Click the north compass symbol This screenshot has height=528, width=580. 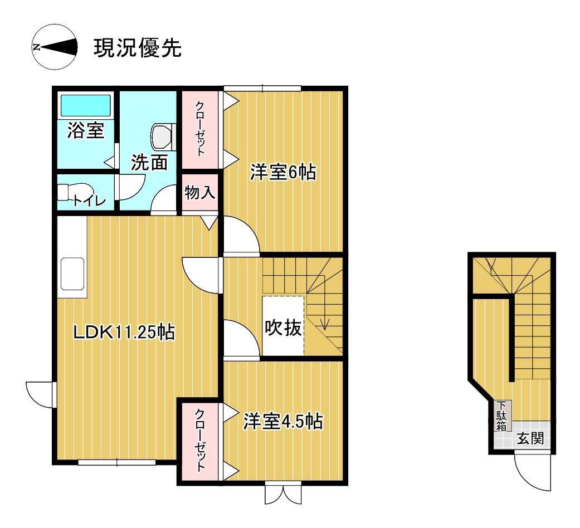point(55,47)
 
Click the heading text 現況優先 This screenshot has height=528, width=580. point(138,48)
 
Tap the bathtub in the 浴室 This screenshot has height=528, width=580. point(85,105)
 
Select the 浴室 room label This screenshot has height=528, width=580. point(86,130)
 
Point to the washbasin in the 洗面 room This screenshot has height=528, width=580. point(162,137)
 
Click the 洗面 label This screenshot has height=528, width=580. point(149,162)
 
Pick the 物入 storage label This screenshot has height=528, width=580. point(200,192)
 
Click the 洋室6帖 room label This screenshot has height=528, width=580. point(283,172)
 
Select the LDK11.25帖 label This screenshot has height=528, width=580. point(124,331)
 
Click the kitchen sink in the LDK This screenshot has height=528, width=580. point(72,273)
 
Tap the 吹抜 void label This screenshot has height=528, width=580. point(284,327)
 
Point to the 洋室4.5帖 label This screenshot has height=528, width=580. point(283,421)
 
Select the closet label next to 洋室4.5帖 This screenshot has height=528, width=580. point(200,440)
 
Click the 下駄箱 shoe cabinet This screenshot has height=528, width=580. point(503,415)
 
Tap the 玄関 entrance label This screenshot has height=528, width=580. point(531,438)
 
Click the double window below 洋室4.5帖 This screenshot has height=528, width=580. point(284,494)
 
